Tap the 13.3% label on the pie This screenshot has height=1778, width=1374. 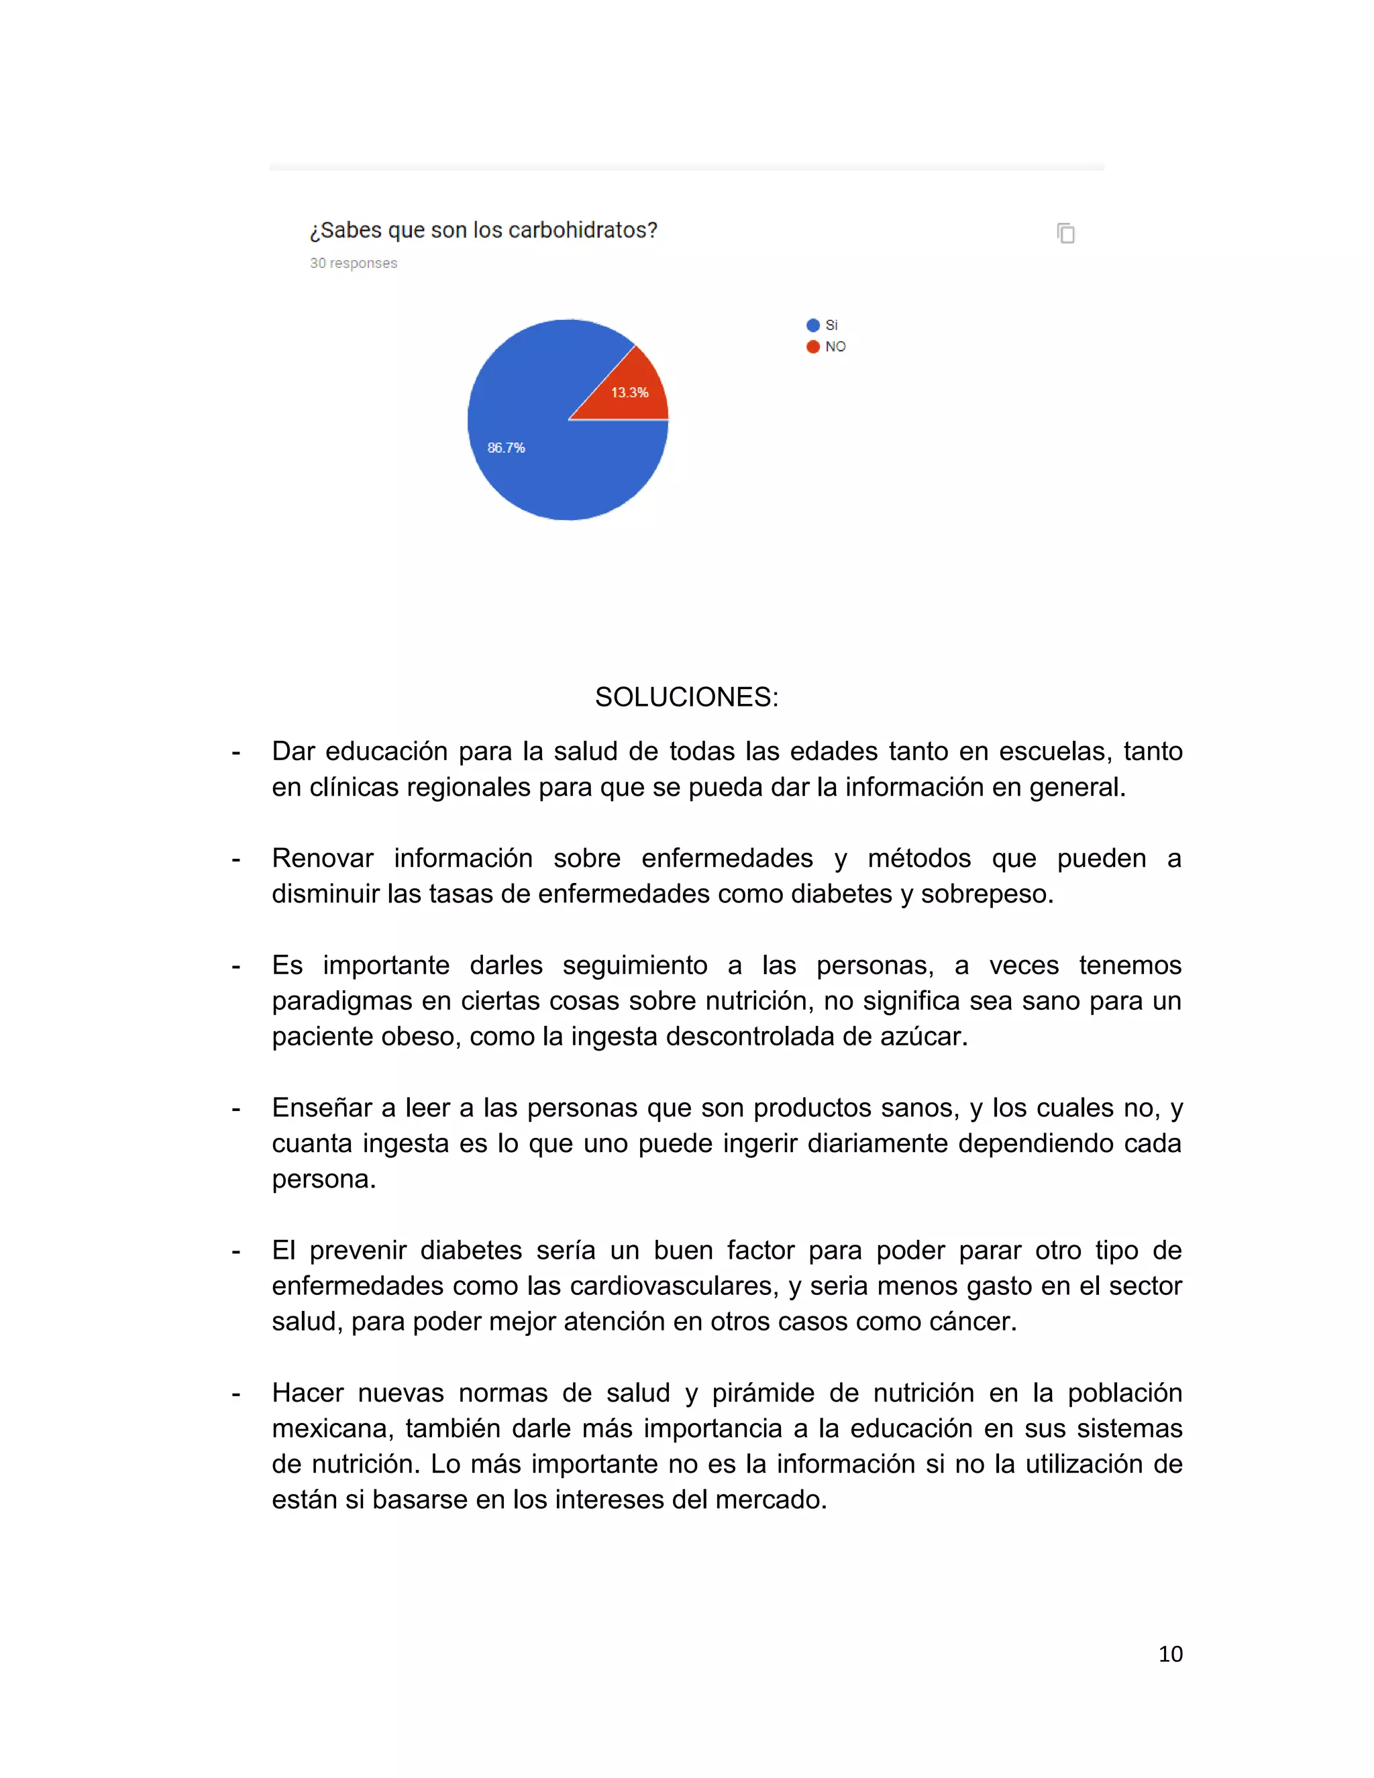pyautogui.click(x=629, y=393)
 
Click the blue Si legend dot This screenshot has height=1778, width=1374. pyautogui.click(x=812, y=325)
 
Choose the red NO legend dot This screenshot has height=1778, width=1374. pyautogui.click(x=812, y=347)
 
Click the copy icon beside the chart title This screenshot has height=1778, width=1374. pyautogui.click(x=1065, y=233)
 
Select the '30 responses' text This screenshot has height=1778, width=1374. pyautogui.click(x=354, y=263)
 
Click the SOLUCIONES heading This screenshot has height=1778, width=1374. pyautogui.click(x=686, y=697)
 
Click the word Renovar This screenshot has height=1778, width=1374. pyautogui.click(x=322, y=858)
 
